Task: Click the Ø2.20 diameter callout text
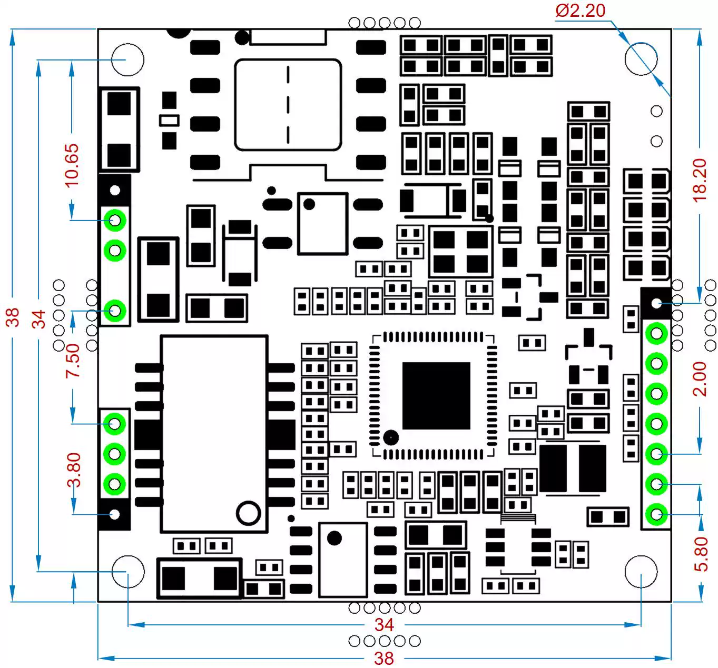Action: point(581,11)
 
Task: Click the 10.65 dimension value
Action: point(72,165)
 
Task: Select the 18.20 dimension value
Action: point(700,180)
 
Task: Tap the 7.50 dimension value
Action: point(73,361)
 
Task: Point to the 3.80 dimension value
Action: point(74,470)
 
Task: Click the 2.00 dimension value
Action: point(700,379)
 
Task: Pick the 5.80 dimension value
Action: point(701,554)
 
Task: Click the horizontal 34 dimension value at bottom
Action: point(384,625)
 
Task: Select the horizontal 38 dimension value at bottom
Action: point(384,659)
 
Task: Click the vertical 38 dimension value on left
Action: point(12,317)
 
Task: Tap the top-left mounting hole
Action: point(127,59)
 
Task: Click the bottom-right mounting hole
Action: point(641,571)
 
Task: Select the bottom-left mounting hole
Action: point(128,571)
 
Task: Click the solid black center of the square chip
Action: point(436,395)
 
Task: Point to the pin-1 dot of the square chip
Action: point(390,437)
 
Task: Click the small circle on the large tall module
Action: point(249,513)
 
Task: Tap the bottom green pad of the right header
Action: point(656,514)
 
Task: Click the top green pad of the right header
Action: point(656,333)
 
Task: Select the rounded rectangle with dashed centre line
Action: point(288,105)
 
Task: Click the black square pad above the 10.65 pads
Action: point(115,190)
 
